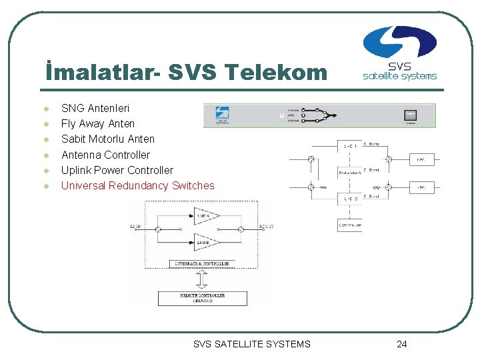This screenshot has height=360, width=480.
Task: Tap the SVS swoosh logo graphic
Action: pos(399,42)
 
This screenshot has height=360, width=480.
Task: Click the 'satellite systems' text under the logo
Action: pos(399,75)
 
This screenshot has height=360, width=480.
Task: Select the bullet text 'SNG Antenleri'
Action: pos(95,108)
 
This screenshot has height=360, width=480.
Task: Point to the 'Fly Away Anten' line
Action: pos(98,123)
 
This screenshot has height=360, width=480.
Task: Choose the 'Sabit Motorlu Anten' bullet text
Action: pos(108,139)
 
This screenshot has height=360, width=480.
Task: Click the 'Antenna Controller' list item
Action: pos(105,155)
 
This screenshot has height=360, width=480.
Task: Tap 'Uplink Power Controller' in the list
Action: pos(117,170)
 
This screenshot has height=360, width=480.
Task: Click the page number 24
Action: pos(401,344)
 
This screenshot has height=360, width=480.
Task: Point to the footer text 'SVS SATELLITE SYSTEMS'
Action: pos(252,344)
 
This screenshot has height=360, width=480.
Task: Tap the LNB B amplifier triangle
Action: pos(203,241)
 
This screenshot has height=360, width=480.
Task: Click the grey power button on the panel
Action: pos(410,115)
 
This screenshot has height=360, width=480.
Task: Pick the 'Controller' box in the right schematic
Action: pos(349,225)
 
